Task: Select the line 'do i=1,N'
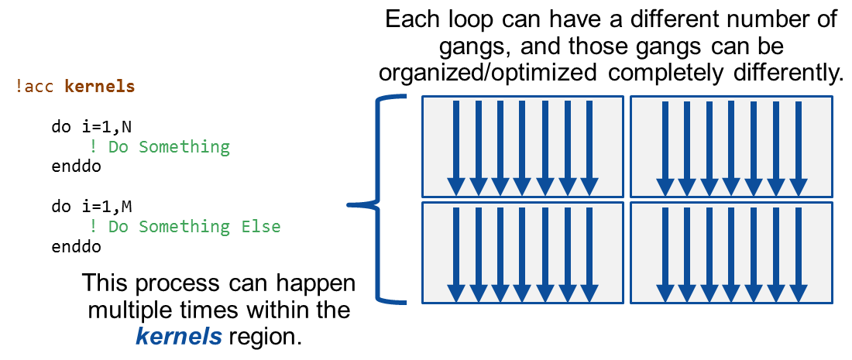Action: click(x=86, y=126)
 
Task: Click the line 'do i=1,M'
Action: click(x=86, y=207)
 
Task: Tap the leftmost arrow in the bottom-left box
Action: click(x=456, y=252)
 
